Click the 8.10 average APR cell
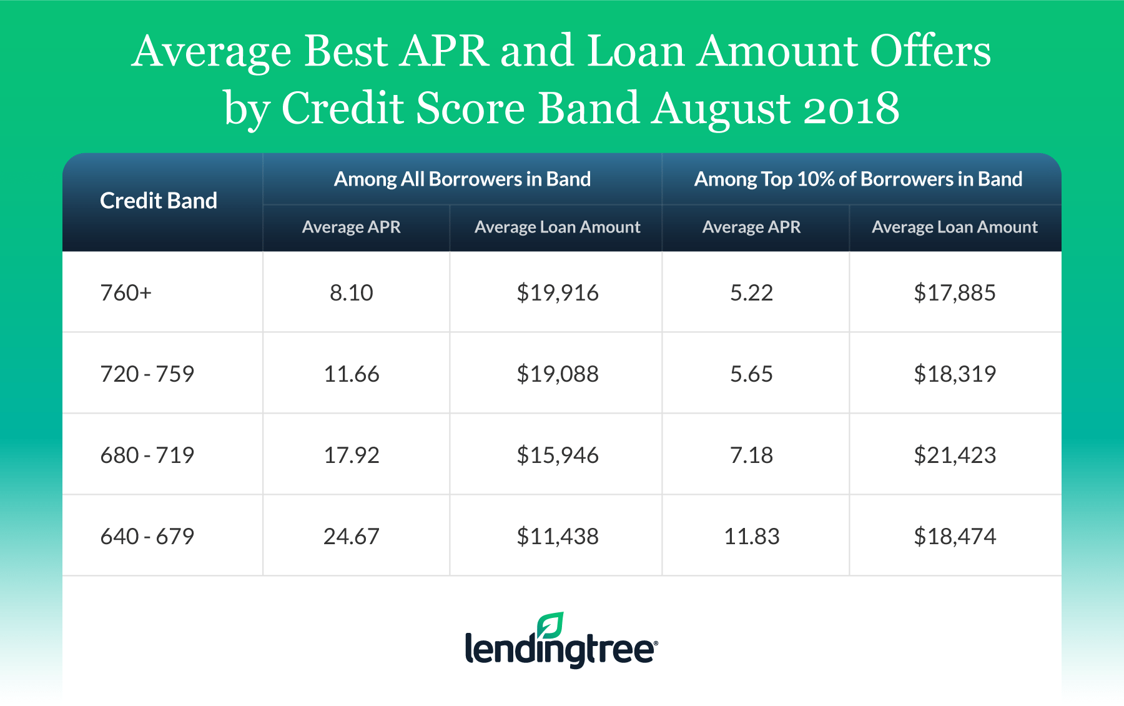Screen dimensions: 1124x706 click(352, 292)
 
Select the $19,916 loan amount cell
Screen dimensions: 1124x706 click(558, 292)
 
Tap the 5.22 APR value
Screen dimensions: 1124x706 click(752, 292)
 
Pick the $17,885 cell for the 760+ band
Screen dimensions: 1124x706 click(955, 292)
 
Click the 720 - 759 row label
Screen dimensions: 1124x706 click(147, 374)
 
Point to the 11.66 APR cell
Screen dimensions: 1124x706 click(352, 374)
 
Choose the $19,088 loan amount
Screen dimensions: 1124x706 click(558, 374)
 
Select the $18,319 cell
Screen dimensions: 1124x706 click(955, 374)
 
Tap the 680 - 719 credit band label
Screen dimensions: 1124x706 click(147, 455)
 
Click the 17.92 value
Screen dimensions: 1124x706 click(352, 455)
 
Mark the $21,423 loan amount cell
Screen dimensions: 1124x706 click(955, 455)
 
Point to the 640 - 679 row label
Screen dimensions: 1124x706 click(147, 536)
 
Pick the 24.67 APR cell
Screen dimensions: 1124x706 click(352, 536)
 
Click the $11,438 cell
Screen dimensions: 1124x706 click(558, 536)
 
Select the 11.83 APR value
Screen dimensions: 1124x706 click(752, 536)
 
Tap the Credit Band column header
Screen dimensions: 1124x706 click(159, 201)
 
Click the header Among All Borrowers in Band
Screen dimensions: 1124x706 click(462, 179)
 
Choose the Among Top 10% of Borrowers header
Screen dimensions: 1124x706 click(859, 179)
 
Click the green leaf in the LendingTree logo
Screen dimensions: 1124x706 click(551, 625)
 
